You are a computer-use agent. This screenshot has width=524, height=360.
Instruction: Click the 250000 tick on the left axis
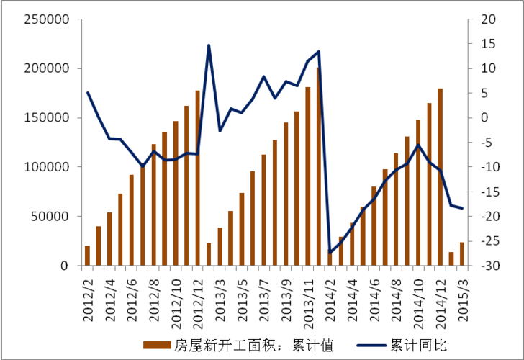pyautogui.click(x=45, y=19)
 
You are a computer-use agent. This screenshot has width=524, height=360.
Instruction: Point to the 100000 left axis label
pyautogui.click(x=45, y=167)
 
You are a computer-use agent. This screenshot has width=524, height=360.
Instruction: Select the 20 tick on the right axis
pyautogui.click(x=489, y=19)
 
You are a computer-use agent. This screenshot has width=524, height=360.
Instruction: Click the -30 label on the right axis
pyautogui.click(x=489, y=266)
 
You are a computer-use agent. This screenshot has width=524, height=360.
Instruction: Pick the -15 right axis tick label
pyautogui.click(x=489, y=192)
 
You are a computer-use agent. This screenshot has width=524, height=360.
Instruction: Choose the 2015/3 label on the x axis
pyautogui.click(x=462, y=294)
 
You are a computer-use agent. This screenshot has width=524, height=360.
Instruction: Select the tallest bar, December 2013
pyautogui.click(x=318, y=166)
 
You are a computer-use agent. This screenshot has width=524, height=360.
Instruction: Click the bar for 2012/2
pyautogui.click(x=88, y=256)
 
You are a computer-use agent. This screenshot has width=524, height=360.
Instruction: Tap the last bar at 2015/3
pyautogui.click(x=462, y=254)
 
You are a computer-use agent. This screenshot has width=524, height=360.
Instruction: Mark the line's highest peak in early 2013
pyautogui.click(x=209, y=45)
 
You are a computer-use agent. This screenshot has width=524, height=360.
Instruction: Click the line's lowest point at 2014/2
pyautogui.click(x=330, y=253)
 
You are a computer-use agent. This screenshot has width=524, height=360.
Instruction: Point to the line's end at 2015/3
pyautogui.click(x=462, y=208)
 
